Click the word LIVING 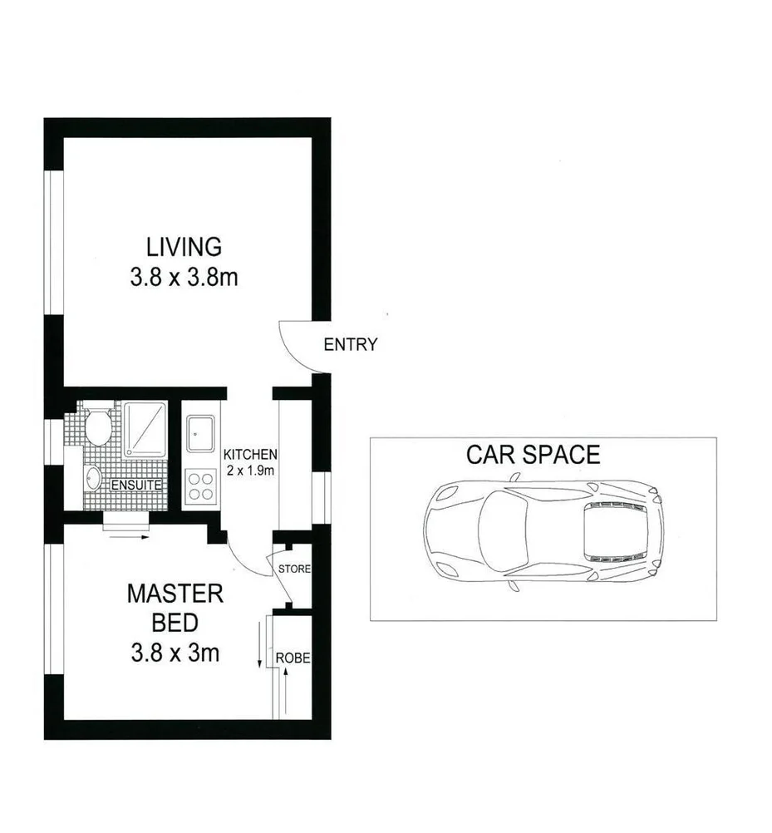pos(184,247)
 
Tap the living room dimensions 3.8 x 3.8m pos(184,278)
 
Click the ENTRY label pos(350,344)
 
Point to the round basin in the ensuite pos(92,478)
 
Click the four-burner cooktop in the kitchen pos(199,486)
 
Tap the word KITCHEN pos(249,455)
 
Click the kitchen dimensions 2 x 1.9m pos(249,470)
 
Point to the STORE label pos(293,569)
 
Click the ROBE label pos(293,658)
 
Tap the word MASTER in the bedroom pos(175,594)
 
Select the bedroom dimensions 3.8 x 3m pos(175,653)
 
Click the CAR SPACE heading pos(533,455)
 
